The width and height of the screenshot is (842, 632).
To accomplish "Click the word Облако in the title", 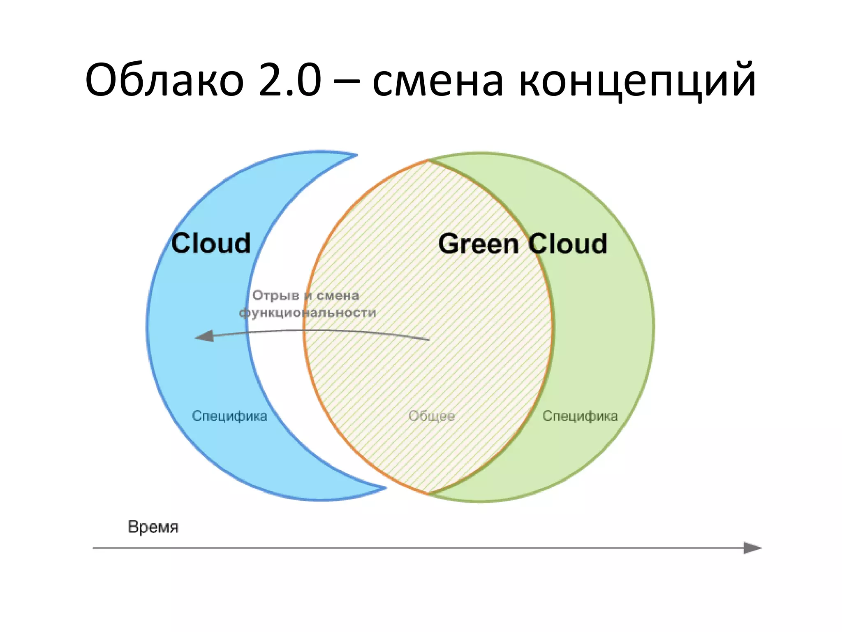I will click(164, 80).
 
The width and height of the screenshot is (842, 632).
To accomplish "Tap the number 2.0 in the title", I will click(290, 80).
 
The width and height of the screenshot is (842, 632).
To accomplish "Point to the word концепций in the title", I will click(637, 82).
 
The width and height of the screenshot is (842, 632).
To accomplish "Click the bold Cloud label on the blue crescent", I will click(211, 243).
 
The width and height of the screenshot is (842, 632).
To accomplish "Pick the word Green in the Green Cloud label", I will click(478, 244).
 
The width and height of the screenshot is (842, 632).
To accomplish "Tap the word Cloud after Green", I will click(568, 244).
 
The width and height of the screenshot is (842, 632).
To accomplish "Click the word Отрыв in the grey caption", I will click(276, 296).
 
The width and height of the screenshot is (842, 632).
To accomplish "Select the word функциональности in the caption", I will click(308, 313).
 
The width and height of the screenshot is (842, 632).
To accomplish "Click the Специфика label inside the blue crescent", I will click(229, 416).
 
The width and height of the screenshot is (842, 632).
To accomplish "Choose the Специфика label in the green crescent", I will click(580, 416).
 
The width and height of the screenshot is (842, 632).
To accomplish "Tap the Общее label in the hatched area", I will click(432, 416).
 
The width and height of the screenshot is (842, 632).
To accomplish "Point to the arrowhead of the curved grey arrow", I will click(204, 336).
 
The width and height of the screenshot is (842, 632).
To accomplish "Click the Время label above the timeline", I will click(153, 527).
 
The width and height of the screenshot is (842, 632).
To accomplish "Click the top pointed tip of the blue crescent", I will click(356, 155).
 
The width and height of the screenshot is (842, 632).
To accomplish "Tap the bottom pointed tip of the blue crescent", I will click(385, 488).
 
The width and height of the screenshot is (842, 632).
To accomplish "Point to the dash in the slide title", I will click(346, 82).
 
